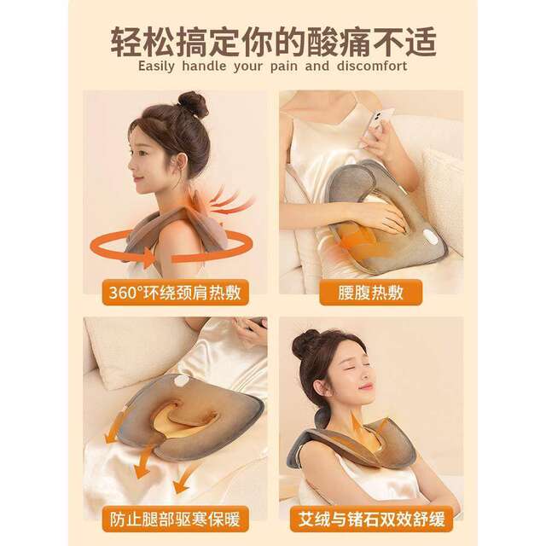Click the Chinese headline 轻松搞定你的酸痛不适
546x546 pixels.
[273, 41]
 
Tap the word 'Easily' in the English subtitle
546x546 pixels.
[162, 67]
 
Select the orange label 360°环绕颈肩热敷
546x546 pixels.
[173, 293]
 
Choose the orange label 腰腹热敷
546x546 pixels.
[371, 293]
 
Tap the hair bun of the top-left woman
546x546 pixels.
[192, 104]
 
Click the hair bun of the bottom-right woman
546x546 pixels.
[305, 343]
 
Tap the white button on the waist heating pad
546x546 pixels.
[431, 240]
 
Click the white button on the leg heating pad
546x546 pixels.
[181, 381]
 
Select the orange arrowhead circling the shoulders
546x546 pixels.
[149, 256]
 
